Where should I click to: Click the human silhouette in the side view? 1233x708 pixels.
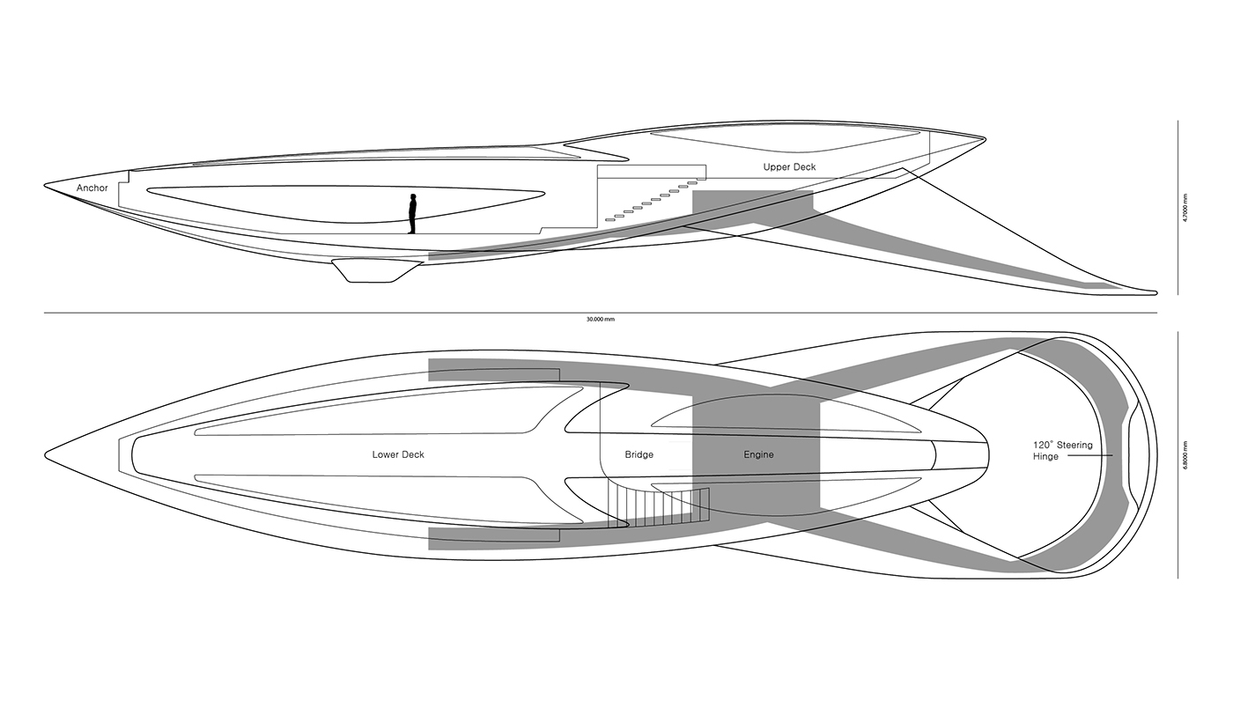click(x=411, y=214)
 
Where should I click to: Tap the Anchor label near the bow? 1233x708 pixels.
click(x=92, y=188)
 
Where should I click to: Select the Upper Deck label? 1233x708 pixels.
click(x=789, y=166)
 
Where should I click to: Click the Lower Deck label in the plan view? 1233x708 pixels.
click(x=398, y=455)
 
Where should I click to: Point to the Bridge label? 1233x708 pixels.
click(x=639, y=455)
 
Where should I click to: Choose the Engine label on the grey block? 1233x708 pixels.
click(x=758, y=455)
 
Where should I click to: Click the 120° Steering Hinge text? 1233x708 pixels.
click(x=1063, y=451)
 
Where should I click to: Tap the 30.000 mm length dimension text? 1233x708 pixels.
click(x=601, y=319)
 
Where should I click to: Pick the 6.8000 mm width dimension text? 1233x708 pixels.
click(x=1186, y=455)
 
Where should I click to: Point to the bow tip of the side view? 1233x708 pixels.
click(x=47, y=186)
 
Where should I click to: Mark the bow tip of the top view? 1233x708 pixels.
click(x=47, y=454)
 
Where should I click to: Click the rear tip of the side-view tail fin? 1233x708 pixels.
click(x=1155, y=291)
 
